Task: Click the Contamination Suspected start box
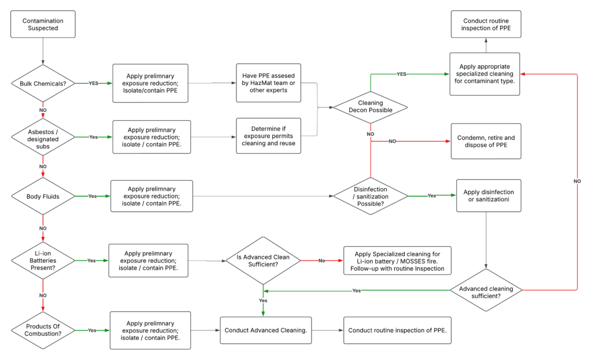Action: [43, 25]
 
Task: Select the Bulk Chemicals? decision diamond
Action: [43, 83]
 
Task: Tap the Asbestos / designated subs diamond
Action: [43, 137]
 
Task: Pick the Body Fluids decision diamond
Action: [43, 196]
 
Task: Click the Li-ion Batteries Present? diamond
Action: [43, 261]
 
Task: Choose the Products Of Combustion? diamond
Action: [43, 330]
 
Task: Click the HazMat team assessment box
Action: [268, 83]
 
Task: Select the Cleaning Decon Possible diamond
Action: [370, 107]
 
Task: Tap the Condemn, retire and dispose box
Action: [486, 142]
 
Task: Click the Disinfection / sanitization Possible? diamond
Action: [370, 196]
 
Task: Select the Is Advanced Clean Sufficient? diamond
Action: [263, 261]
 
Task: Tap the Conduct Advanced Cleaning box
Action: [265, 330]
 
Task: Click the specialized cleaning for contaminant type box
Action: [486, 74]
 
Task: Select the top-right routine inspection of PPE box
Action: [486, 24]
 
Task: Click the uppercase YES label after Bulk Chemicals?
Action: [93, 83]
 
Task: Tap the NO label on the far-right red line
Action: [577, 181]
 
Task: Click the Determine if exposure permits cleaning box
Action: [268, 136]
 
